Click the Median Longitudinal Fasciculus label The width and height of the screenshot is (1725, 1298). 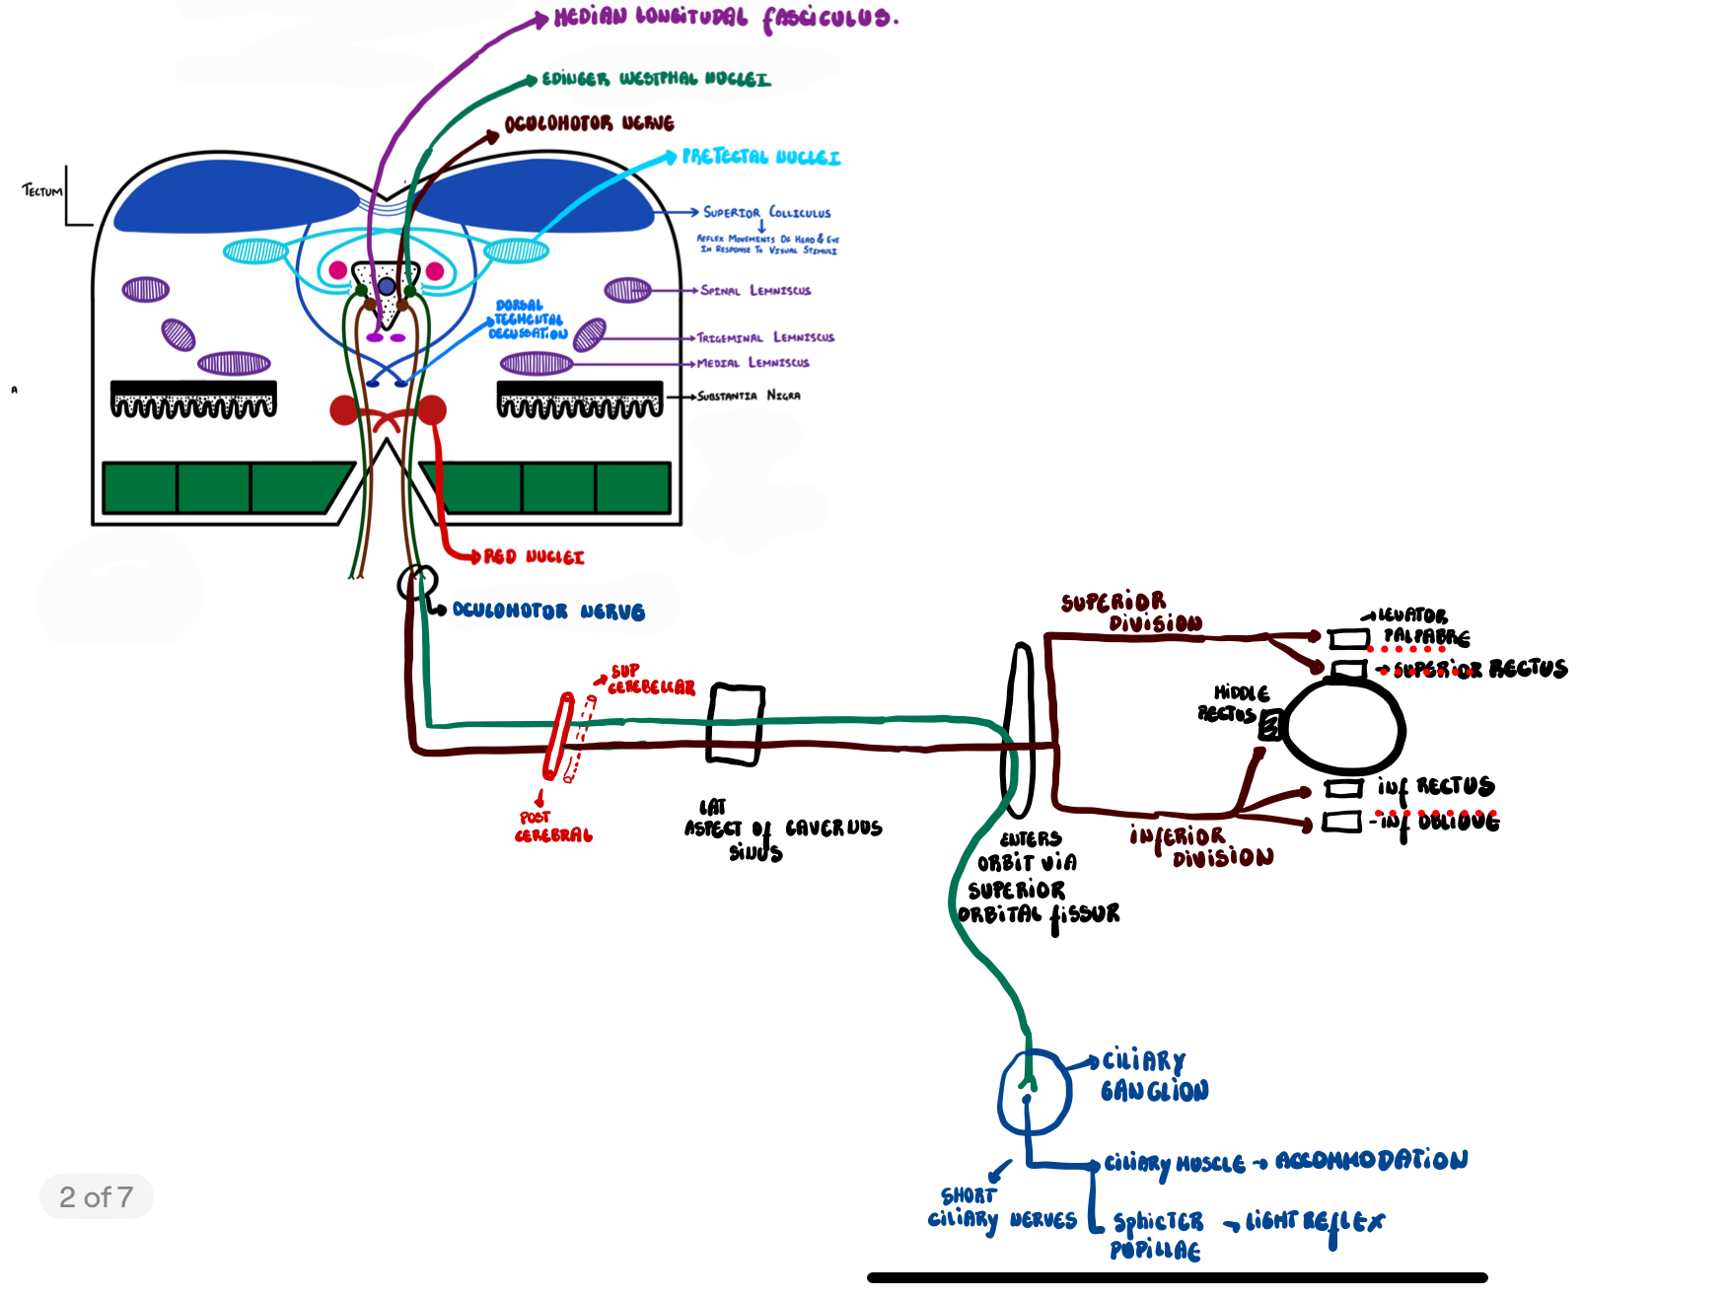[x=726, y=19]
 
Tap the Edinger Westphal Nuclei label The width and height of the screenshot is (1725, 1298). [x=656, y=79]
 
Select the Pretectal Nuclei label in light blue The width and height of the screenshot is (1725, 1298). [x=761, y=157]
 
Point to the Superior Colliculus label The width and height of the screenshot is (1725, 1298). [x=766, y=212]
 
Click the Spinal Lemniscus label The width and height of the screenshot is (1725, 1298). [x=755, y=291]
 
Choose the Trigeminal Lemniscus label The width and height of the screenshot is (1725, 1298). [x=765, y=337]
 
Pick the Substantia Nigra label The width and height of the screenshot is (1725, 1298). [x=749, y=396]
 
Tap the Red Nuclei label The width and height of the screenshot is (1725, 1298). [x=534, y=557]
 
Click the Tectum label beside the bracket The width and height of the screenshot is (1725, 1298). [x=41, y=190]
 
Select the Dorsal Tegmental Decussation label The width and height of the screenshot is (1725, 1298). [x=529, y=320]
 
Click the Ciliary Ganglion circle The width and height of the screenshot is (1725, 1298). [x=1035, y=1093]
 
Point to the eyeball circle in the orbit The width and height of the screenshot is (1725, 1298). [x=1344, y=726]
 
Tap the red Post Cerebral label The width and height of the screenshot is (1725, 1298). [x=552, y=827]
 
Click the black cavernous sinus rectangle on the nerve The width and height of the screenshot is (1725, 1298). [x=736, y=724]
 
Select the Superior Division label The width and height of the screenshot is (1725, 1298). [x=1131, y=613]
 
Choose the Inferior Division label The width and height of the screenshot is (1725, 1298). [x=1200, y=847]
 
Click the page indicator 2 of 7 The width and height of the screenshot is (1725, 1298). [x=96, y=1196]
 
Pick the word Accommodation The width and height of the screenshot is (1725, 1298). [x=1371, y=1160]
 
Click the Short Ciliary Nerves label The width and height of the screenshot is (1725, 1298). [x=1000, y=1209]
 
